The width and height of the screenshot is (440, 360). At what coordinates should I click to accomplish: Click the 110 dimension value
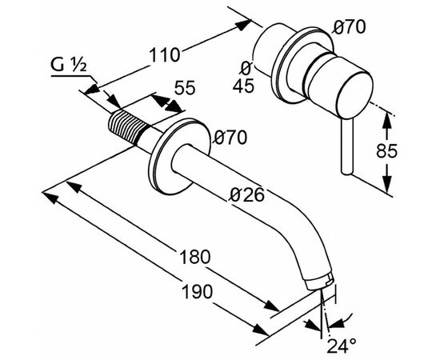coord(164,54)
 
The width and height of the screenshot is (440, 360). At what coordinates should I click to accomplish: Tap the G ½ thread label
coord(68,65)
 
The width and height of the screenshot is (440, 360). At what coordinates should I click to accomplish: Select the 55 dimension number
coord(185,87)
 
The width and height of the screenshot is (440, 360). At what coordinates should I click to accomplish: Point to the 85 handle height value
coord(386,150)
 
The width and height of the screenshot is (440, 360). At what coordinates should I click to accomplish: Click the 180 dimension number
coord(194,257)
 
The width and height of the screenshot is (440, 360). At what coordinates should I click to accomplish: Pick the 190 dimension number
coord(198,291)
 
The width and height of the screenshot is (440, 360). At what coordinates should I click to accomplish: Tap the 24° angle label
coord(342,346)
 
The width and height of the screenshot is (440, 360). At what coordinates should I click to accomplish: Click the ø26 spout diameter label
coord(247,194)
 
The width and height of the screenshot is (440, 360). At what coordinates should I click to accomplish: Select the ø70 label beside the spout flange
coord(230,138)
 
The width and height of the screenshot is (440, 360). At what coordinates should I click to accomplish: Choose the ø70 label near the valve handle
coord(350,27)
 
